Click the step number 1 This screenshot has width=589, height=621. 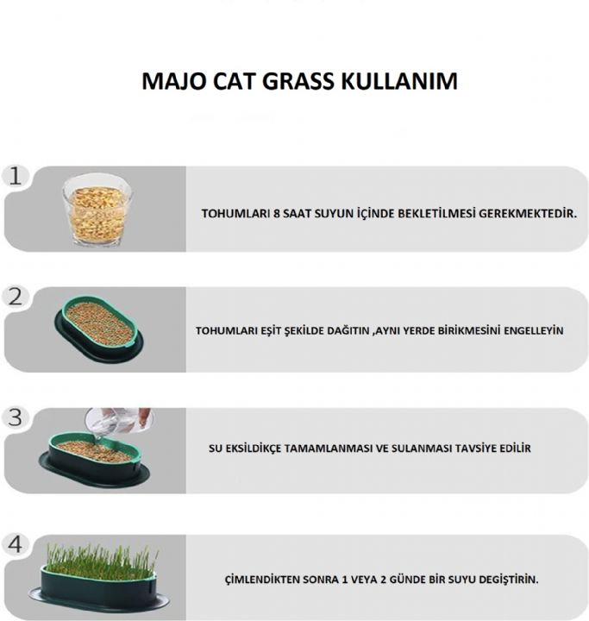pyautogui.click(x=15, y=176)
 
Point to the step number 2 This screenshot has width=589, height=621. pyautogui.click(x=15, y=297)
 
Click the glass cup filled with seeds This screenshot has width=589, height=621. pyautogui.click(x=97, y=210)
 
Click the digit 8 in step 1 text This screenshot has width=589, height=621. pyautogui.click(x=277, y=212)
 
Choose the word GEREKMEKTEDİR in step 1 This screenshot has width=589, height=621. pyautogui.click(x=529, y=212)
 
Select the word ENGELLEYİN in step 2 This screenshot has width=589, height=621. pyautogui.click(x=533, y=330)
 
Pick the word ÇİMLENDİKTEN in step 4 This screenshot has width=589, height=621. pyautogui.click(x=264, y=579)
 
